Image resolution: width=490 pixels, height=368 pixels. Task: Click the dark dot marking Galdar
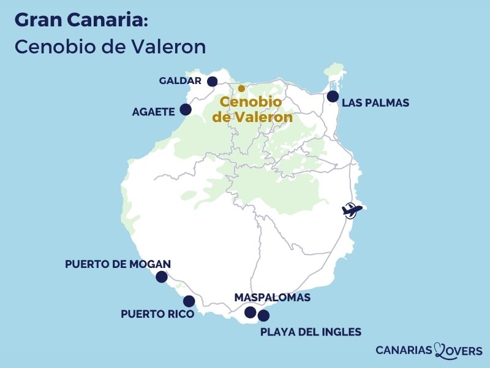click(213, 82)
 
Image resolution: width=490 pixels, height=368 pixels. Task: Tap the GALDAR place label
click(180, 81)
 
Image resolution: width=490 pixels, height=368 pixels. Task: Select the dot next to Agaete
click(186, 110)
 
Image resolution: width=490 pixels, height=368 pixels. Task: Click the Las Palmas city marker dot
click(333, 96)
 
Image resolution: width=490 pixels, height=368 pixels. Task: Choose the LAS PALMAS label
click(375, 102)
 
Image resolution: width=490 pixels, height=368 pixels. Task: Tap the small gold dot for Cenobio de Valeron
click(241, 88)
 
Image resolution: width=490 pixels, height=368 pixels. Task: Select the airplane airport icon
click(352, 210)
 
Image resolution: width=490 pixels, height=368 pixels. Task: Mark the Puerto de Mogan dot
click(162, 277)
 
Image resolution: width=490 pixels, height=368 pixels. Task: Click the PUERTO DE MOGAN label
click(118, 264)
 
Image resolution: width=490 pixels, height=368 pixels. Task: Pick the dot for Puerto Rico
click(189, 301)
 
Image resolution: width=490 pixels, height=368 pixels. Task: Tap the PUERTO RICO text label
click(157, 314)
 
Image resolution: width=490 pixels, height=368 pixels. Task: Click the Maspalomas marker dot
click(251, 312)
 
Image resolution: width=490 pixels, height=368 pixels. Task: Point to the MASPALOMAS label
click(273, 297)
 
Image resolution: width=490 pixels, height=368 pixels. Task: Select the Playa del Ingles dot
click(263, 316)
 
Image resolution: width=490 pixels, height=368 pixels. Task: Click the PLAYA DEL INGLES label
click(311, 332)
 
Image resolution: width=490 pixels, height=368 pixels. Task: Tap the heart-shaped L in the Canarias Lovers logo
click(442, 350)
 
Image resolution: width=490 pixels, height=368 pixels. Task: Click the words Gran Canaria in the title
click(80, 20)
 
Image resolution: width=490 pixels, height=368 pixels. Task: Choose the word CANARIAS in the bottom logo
click(404, 351)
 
